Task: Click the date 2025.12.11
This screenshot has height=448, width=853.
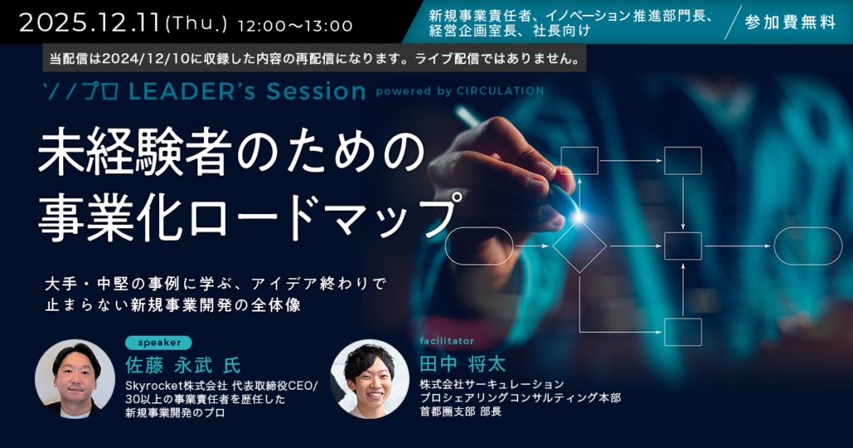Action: click(x=90, y=22)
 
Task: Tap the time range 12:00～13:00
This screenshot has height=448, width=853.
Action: click(x=296, y=26)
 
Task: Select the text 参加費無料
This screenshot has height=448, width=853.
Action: click(x=791, y=22)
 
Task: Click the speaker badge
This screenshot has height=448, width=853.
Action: click(x=158, y=342)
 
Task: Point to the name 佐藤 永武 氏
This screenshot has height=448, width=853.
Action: click(x=182, y=365)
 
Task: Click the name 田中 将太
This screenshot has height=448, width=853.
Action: click(x=463, y=364)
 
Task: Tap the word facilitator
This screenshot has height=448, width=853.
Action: click(x=446, y=341)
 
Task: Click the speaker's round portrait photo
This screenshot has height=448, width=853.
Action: click(x=75, y=379)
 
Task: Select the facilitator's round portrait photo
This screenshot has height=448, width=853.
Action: click(x=369, y=379)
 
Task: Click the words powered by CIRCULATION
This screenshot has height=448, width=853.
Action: click(x=460, y=92)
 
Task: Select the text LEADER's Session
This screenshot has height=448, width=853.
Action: click(x=247, y=92)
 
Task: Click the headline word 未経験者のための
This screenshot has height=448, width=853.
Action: click(x=232, y=152)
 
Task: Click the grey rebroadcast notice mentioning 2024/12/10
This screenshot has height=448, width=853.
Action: click(x=314, y=58)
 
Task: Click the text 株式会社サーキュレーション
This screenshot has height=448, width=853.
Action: click(x=491, y=385)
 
